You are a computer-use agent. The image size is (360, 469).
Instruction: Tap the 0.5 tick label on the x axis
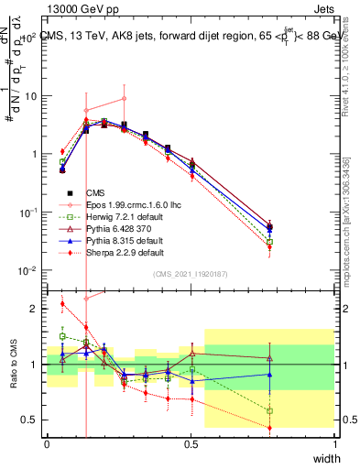191,443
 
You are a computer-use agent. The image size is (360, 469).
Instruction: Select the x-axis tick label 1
335,443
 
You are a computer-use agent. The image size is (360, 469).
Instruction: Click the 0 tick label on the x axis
47,443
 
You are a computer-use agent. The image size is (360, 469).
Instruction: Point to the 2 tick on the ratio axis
35,309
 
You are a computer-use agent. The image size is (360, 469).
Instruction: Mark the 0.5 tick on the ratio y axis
30,421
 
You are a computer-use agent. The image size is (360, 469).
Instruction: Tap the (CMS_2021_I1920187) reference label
191,274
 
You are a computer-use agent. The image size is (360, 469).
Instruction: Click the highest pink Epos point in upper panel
124,99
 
